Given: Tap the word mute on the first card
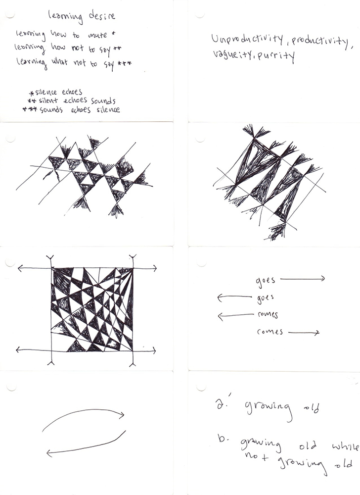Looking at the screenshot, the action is [x=97, y=35].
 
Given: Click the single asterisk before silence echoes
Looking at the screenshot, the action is [x=31, y=93].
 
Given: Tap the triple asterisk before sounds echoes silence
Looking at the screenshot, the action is [x=30, y=109].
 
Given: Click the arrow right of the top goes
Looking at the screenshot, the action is [x=302, y=278].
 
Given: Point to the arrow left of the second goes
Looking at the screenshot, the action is [x=235, y=297].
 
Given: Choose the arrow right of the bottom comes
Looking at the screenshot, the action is [x=304, y=332].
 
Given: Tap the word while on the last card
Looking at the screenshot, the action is [x=345, y=447].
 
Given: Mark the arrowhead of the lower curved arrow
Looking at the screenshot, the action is [x=49, y=453].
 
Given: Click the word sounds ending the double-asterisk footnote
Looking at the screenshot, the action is [x=103, y=101].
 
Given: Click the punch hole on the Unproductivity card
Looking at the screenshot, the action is [x=200, y=14].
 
